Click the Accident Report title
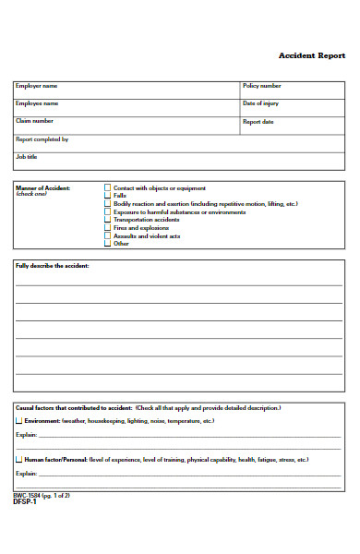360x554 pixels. pos(311,55)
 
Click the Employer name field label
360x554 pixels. pos(35,86)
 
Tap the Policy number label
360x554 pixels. pos(261,86)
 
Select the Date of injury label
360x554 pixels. pos(260,103)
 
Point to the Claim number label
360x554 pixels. pos(34,121)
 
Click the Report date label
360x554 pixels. pos(258,121)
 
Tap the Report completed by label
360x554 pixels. pos(42,138)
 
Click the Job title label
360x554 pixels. pos(26,156)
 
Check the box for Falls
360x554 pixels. pos(108,196)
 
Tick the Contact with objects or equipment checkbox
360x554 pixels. pos(108,187)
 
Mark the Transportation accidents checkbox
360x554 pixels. pos(108,220)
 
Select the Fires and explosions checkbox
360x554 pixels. pos(108,228)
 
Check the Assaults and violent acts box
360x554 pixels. pos(108,236)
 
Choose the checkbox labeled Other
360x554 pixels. pos(108,244)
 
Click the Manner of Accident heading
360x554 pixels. pos(42,187)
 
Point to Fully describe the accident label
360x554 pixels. pos(52,265)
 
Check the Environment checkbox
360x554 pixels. pos(18,421)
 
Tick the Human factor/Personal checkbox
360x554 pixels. pos(18,459)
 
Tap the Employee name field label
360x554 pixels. pos(36,103)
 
